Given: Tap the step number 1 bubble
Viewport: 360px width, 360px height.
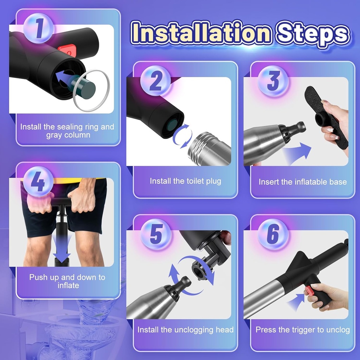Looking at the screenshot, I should point(38,28).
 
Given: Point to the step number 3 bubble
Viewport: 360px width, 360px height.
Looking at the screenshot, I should point(273,82).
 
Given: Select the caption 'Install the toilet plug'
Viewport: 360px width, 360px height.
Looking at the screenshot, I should point(185,181).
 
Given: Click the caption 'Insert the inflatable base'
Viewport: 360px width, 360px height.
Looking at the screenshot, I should point(302,182).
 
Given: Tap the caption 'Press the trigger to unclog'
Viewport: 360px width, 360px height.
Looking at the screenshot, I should point(302,330).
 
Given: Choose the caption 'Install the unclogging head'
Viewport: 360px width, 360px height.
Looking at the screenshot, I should point(185,330).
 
